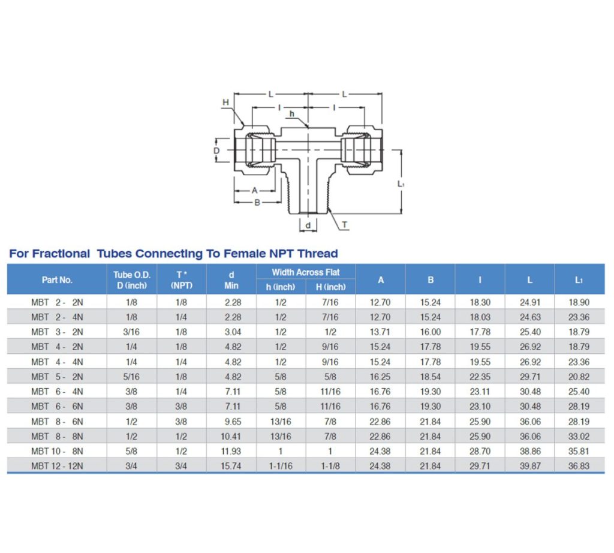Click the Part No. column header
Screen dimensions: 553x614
[57, 279]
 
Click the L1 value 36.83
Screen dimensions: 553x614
[579, 466]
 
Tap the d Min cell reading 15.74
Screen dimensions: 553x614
[231, 466]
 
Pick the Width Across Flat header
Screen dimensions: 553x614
[306, 272]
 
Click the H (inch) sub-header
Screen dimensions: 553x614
[330, 287]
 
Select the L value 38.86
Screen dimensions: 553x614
[529, 451]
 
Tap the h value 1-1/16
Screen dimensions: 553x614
[281, 466]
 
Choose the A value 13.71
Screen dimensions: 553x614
[380, 332]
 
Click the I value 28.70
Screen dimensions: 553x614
[480, 451]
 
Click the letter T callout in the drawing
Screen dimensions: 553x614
[344, 225]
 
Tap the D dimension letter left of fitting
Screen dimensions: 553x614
[217, 151]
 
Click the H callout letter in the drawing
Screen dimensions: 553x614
[225, 103]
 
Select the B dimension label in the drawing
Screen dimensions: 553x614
[257, 203]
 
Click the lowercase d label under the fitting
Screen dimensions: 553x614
[308, 226]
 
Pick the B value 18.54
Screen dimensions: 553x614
[430, 377]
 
